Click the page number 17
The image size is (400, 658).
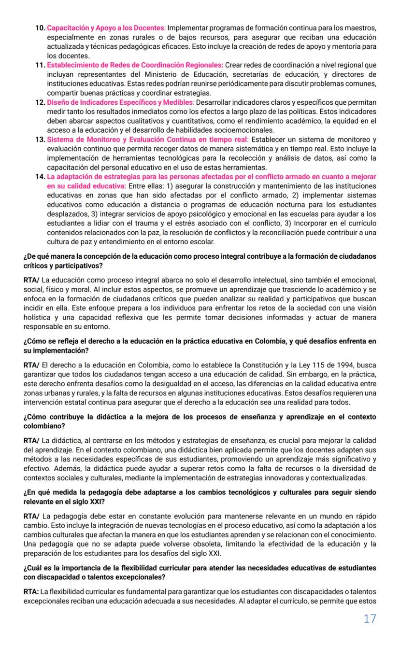[370, 618]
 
